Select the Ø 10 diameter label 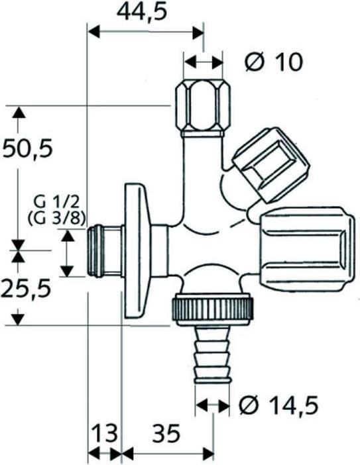(x=273, y=62)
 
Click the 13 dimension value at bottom (x=103, y=434)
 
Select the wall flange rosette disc (x=137, y=252)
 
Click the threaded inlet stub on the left (x=105, y=252)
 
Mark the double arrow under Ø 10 (x=204, y=62)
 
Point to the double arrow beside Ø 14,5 (x=213, y=403)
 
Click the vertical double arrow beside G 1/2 (x=68, y=252)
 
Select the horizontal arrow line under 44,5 (x=146, y=31)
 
